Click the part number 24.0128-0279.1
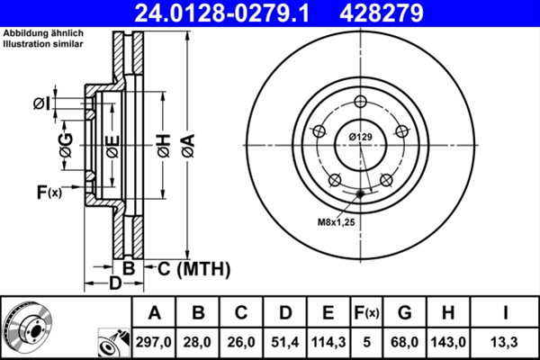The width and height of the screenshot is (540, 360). pos(233,13)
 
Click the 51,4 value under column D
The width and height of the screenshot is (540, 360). pos(285,342)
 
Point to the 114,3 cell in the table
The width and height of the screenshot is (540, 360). pos(328,342)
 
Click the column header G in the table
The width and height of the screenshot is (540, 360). pos(405,314)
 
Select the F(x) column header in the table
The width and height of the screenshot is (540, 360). pos(366,314)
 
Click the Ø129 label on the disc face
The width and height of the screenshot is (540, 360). pos(361,137)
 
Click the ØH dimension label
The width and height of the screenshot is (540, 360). pos(163,143)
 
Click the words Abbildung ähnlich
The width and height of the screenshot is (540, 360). pos(33,33)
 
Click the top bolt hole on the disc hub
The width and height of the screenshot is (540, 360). pos(360,101)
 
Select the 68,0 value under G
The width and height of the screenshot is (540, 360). pos(405,342)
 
